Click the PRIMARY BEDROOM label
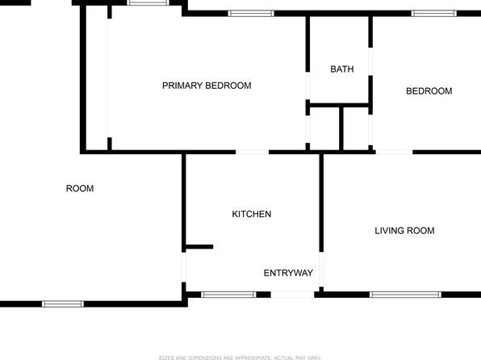pos(207,86)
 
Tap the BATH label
pos(342,69)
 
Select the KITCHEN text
pos(252,214)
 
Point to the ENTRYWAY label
pos(288,273)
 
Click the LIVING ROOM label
pos(404,231)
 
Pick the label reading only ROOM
pos(80,188)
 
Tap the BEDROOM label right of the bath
pos(429,91)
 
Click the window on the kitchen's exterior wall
pos(228,295)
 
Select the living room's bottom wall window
pos(405,295)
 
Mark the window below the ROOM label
pos(63,303)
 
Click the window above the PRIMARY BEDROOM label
pos(251,13)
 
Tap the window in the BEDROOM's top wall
pos(433,13)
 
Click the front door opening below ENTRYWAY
pos(292,295)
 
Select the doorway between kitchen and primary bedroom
pos(252,152)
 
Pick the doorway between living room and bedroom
pos(394,152)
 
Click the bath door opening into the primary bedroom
pos(307,86)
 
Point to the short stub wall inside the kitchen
pos(199,247)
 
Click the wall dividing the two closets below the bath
pos(341,128)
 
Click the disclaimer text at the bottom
pos(240,358)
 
